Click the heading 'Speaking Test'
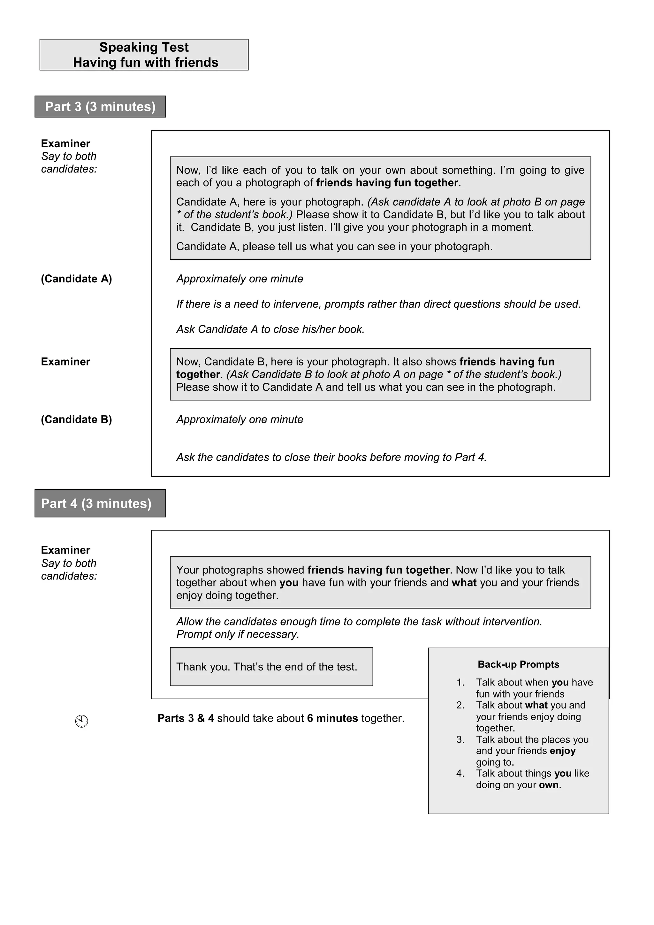coord(144,47)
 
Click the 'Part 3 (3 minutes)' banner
coord(100,107)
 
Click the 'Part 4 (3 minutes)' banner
coord(96,504)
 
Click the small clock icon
coord(81,721)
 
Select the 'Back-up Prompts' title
coord(518,664)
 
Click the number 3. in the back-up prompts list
coord(460,739)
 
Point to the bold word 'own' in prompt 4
coord(549,785)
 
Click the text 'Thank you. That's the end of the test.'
coord(267,667)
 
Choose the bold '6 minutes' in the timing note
coord(332,718)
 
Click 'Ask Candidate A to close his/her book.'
coord(270,329)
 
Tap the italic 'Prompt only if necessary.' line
coord(238,634)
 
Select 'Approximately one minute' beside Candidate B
coord(240,419)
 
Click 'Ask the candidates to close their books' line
coord(331,457)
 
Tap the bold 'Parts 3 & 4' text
coord(186,718)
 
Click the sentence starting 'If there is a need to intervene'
coord(378,304)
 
